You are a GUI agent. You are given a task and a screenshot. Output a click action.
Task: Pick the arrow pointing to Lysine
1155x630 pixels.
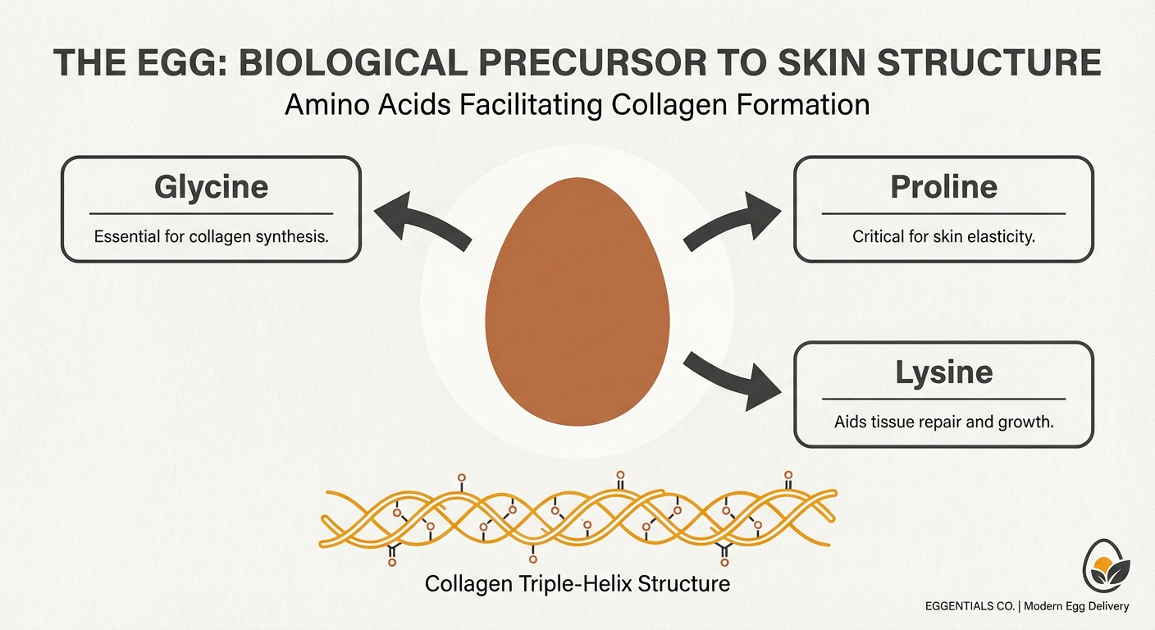click(732, 377)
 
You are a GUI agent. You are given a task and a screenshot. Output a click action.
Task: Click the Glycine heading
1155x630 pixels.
click(211, 188)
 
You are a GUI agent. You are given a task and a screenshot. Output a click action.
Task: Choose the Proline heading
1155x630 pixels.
click(943, 188)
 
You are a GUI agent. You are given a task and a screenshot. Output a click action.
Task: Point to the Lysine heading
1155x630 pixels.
click(943, 373)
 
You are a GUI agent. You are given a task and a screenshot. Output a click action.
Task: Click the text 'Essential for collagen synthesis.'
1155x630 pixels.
click(211, 237)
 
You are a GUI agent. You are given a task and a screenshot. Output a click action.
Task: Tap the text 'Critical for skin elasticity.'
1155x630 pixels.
click(943, 237)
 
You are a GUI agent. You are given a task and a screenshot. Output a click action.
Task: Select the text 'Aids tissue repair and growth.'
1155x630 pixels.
click(943, 422)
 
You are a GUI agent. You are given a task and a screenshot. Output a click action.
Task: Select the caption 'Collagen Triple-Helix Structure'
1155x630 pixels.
click(577, 585)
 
